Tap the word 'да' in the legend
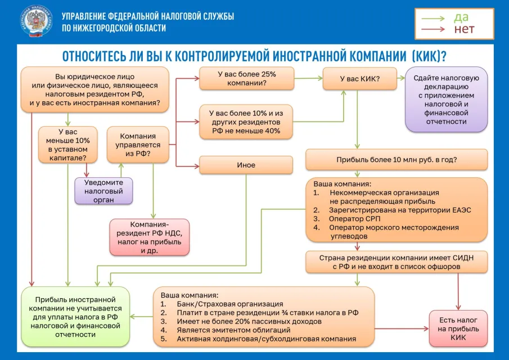click(461, 17)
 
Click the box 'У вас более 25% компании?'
click(246, 78)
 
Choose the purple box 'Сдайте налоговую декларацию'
click(446, 100)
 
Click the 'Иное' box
click(246, 165)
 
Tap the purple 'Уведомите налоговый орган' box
click(103, 191)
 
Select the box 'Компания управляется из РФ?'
click(138, 145)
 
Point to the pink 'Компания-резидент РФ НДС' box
click(150, 237)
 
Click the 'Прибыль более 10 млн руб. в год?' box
click(397, 159)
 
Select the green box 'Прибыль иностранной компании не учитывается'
click(75, 317)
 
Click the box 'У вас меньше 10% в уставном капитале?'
click(67, 145)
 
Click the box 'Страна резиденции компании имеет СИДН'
click(397, 262)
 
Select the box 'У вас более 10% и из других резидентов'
click(246, 121)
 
